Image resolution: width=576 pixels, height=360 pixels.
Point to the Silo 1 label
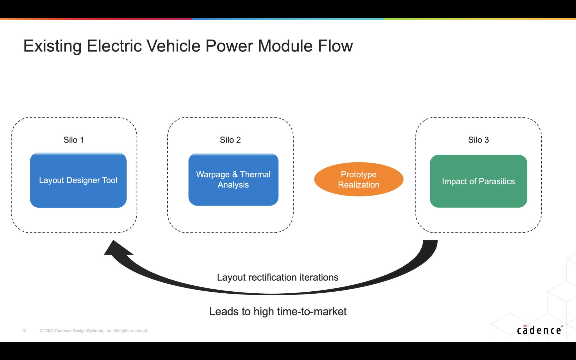74,140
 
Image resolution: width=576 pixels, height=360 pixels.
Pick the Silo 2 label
230,140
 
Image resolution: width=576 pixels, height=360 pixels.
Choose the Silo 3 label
478,140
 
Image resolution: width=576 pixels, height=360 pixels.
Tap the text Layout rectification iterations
278,277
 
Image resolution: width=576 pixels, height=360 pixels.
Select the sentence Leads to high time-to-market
278,312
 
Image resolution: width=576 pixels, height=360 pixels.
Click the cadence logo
539,330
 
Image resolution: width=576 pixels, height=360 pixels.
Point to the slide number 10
24,331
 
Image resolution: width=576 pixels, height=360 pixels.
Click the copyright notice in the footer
94,331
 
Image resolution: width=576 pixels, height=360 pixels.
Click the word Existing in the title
52,46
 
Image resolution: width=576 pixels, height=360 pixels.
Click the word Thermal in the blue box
255,174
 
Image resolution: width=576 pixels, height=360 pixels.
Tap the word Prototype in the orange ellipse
359,174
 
